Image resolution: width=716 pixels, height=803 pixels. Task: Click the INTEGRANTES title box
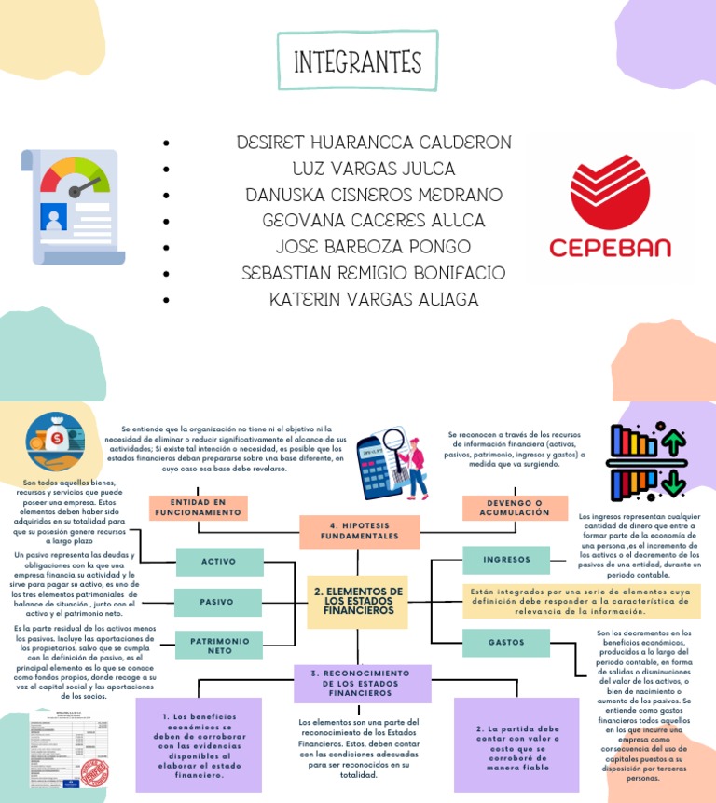[x=358, y=61]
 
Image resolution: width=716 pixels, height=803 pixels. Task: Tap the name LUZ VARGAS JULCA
[x=373, y=169]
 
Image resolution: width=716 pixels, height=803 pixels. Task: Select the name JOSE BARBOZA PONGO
[x=373, y=247]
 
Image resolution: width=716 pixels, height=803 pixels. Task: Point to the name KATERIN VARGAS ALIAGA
[x=373, y=299]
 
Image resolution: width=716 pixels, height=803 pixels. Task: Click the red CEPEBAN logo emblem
[x=610, y=192]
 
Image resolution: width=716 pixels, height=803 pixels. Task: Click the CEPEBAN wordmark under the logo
[x=610, y=249]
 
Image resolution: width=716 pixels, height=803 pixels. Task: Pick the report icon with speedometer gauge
[x=71, y=205]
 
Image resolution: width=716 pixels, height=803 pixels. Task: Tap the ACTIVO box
[x=218, y=562]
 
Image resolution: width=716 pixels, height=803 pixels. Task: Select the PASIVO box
[x=217, y=602]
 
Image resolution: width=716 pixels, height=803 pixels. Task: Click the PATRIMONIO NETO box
[x=220, y=646]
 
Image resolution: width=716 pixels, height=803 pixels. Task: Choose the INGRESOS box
[x=506, y=560]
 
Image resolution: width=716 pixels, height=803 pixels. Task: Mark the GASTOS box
[x=506, y=642]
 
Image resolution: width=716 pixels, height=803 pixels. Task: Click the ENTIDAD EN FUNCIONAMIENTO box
[x=198, y=508]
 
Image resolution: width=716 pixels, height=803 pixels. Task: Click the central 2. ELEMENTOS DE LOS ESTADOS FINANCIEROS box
[x=358, y=601]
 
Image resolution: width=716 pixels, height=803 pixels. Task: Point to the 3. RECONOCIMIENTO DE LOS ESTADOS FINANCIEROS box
[x=362, y=683]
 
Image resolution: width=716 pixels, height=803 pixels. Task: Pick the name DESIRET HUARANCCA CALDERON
[x=373, y=143]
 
